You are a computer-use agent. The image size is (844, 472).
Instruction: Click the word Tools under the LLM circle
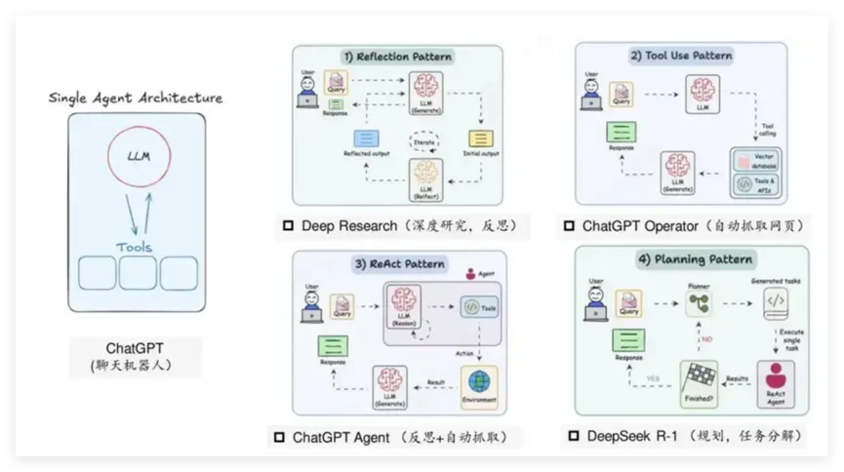pyautogui.click(x=136, y=247)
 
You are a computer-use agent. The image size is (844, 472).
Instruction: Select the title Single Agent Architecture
pyautogui.click(x=136, y=98)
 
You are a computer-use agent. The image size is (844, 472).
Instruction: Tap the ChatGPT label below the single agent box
pyautogui.click(x=136, y=348)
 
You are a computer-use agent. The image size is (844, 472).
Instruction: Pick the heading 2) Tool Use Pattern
pyautogui.click(x=681, y=56)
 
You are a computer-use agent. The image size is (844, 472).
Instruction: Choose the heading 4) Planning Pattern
pyautogui.click(x=694, y=259)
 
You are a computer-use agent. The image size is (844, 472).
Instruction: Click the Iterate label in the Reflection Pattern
pyautogui.click(x=423, y=142)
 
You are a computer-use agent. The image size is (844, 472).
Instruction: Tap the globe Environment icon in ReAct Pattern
pyautogui.click(x=478, y=381)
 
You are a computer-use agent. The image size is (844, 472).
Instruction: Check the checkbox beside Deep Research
pyautogui.click(x=288, y=226)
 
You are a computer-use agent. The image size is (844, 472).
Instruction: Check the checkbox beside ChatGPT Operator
pyautogui.click(x=569, y=226)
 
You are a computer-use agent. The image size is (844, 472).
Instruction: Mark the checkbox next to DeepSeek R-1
pyautogui.click(x=573, y=437)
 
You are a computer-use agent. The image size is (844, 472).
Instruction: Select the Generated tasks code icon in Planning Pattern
pyautogui.click(x=776, y=303)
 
